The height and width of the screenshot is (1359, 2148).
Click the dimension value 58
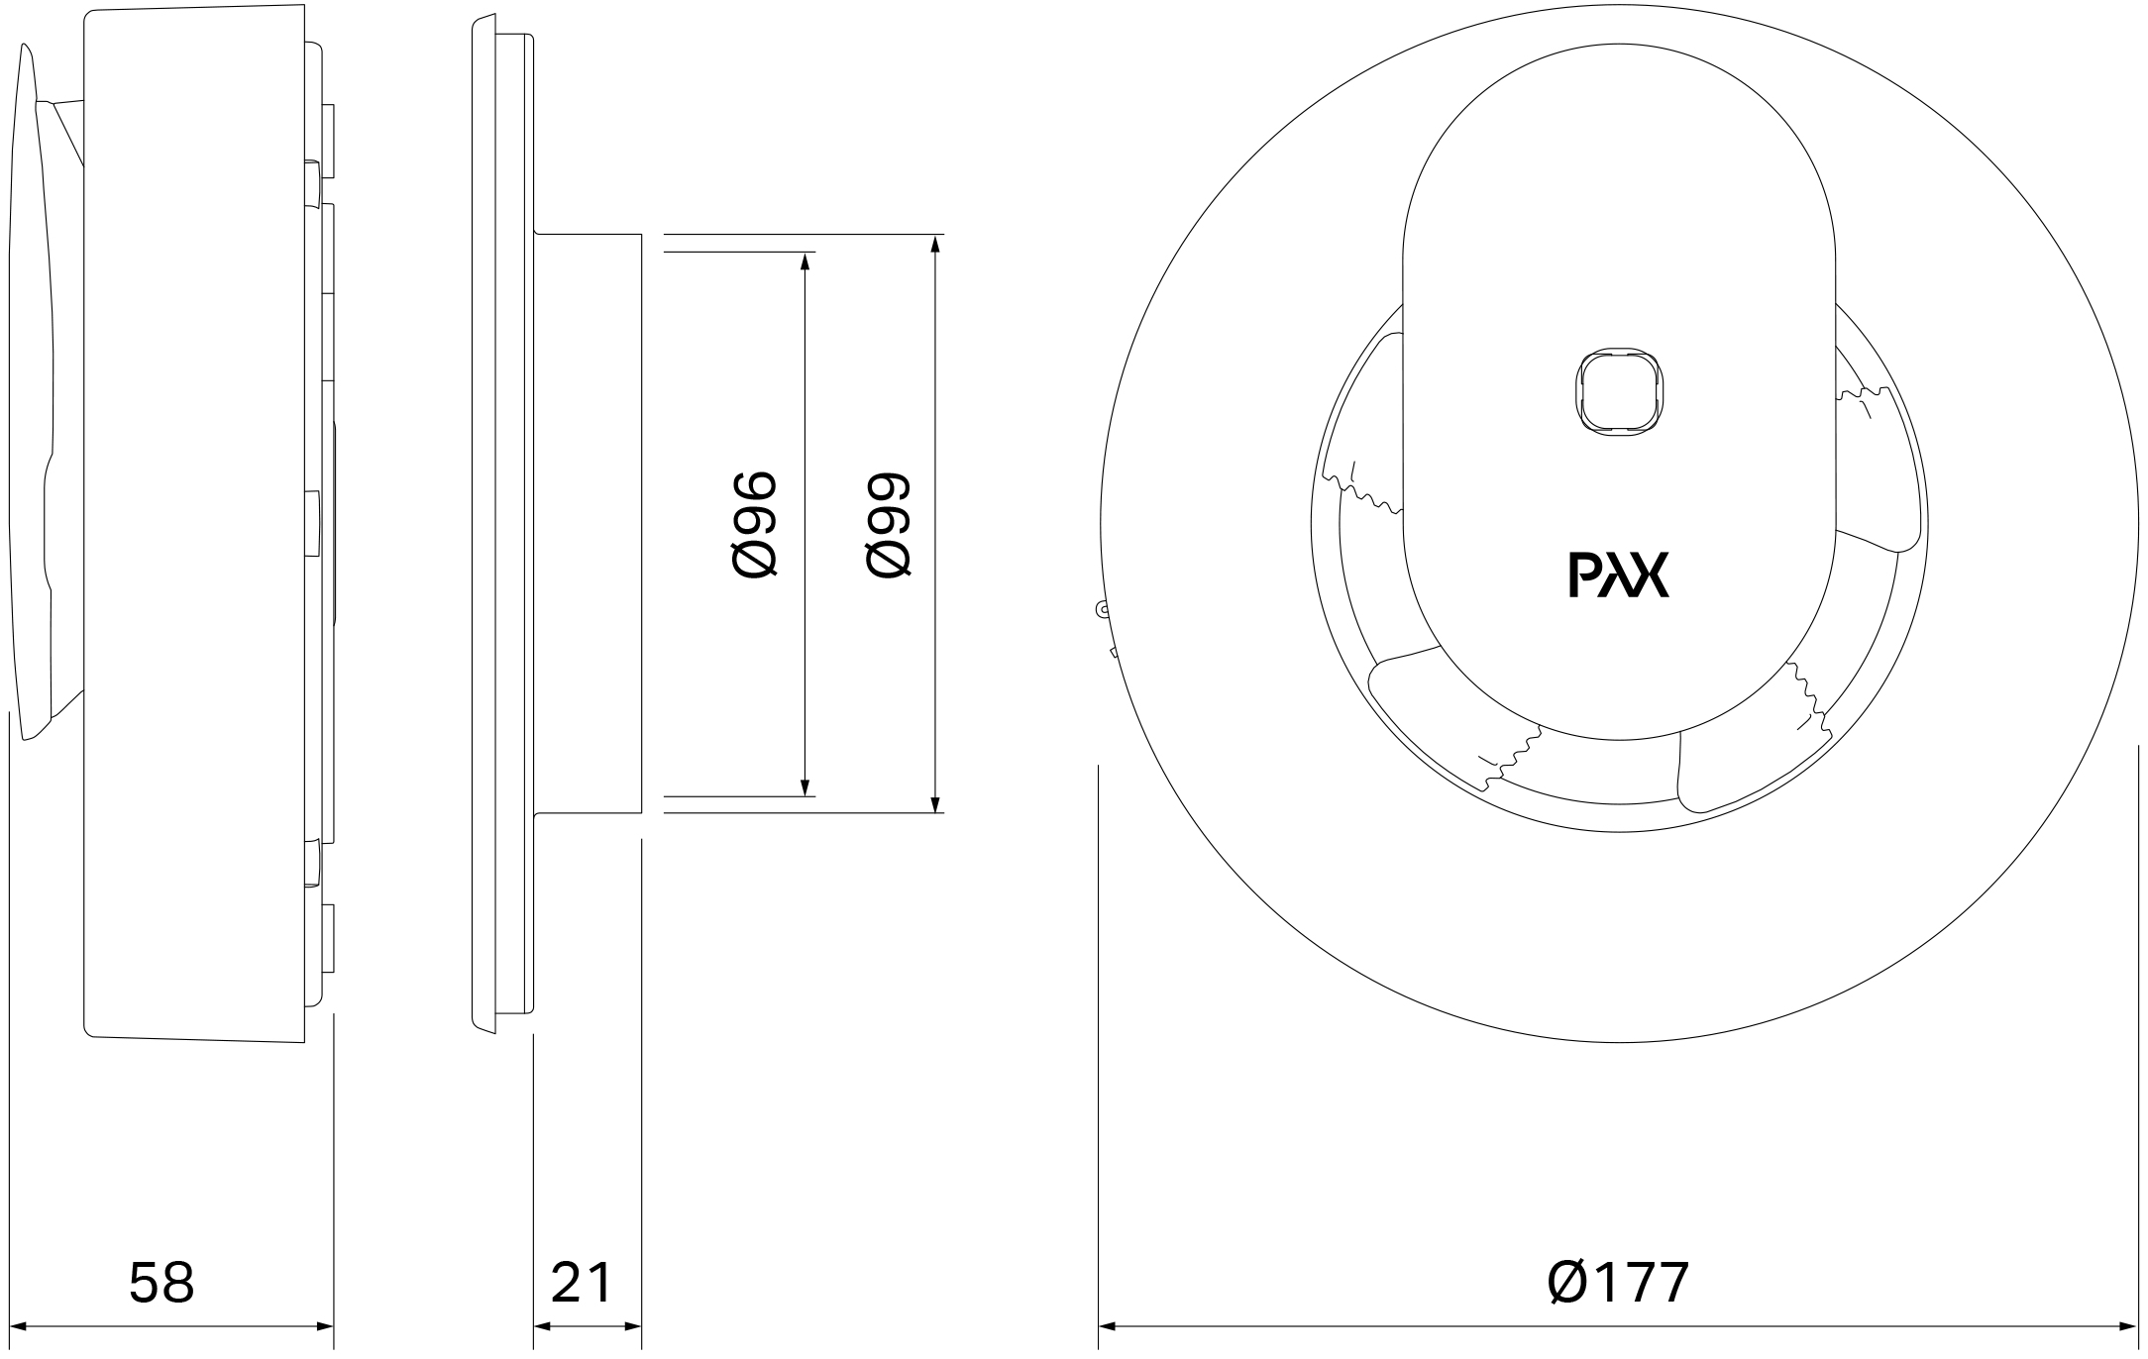(161, 1282)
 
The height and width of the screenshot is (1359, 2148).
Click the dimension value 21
(582, 1282)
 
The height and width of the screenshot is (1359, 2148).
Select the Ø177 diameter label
(1617, 1282)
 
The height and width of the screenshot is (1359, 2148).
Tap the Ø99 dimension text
(887, 524)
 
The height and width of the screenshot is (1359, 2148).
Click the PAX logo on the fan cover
(1619, 575)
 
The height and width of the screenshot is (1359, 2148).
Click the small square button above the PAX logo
(1620, 390)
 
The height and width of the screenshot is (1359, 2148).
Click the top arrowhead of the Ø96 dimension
(805, 261)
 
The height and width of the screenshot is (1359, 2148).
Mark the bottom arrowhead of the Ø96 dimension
(805, 786)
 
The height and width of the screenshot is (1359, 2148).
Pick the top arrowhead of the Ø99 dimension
(936, 244)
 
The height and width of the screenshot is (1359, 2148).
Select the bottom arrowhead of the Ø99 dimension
(936, 803)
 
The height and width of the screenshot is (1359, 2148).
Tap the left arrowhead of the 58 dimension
(19, 1326)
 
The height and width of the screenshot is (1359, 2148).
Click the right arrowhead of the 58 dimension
(323, 1326)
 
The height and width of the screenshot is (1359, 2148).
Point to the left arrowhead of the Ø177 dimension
(1109, 1326)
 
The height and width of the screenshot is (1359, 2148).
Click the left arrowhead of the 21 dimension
(544, 1326)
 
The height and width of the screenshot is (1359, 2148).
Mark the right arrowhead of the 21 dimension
(632, 1326)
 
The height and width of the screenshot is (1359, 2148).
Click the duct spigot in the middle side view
(589, 524)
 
